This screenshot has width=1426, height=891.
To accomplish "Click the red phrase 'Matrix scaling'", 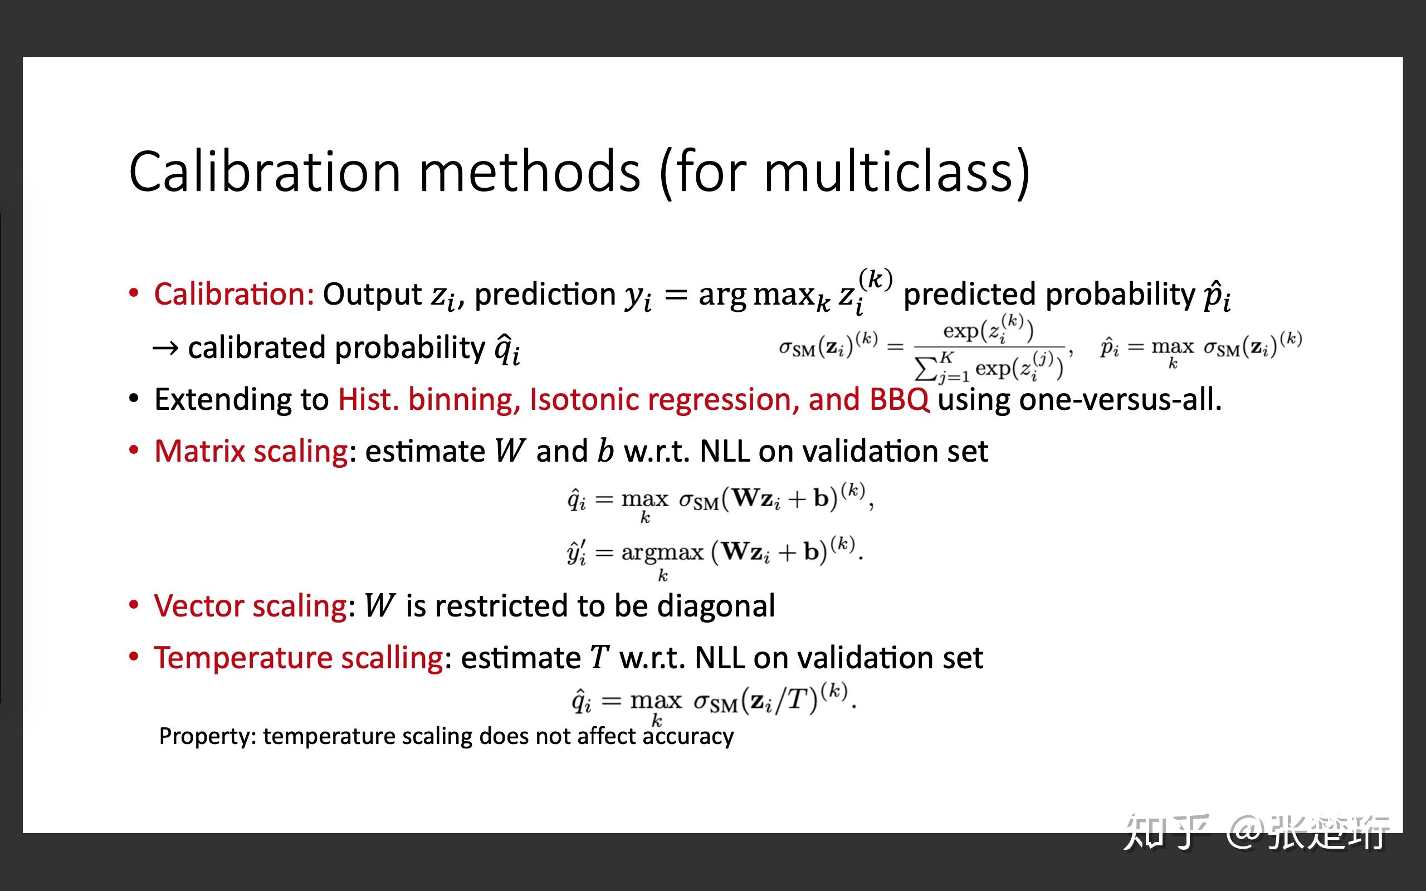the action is pos(251,452).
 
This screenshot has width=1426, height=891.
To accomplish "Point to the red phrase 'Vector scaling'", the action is pos(251,606).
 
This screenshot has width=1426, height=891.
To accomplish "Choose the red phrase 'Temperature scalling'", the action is pos(299,658).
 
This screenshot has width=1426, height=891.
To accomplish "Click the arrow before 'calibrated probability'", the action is pos(165,348).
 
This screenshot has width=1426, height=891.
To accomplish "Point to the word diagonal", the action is pos(716,606).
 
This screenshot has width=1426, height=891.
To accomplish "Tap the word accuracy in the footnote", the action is pos(688,737).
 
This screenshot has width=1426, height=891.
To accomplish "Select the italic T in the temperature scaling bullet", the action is pos(599,657).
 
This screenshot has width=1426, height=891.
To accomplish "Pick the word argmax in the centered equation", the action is pos(662,553).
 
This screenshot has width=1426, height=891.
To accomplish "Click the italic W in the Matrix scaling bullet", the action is pos(509,452).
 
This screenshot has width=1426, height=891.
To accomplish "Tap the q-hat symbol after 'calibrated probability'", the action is pos(507,348).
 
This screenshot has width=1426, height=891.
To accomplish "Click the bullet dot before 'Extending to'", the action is pos(134,399).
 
